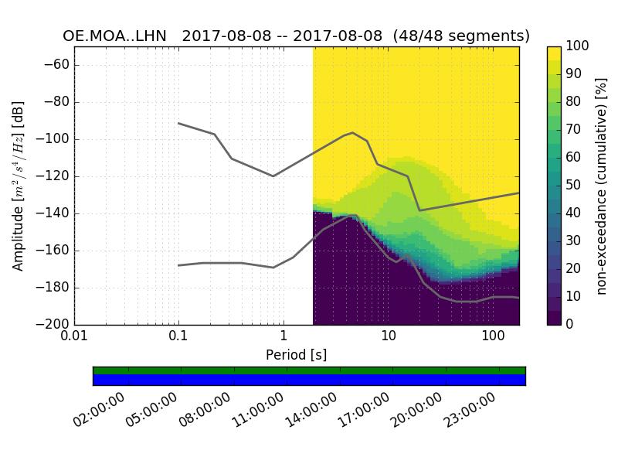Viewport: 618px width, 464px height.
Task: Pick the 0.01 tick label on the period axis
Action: coord(74,339)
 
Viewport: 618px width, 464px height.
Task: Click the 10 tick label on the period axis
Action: coord(388,339)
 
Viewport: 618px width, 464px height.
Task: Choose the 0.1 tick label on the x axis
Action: coord(178,339)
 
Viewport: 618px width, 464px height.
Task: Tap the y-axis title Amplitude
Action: coord(19,186)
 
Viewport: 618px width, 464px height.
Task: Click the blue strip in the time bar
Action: coord(309,380)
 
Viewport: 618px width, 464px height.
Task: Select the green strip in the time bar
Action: coord(309,370)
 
